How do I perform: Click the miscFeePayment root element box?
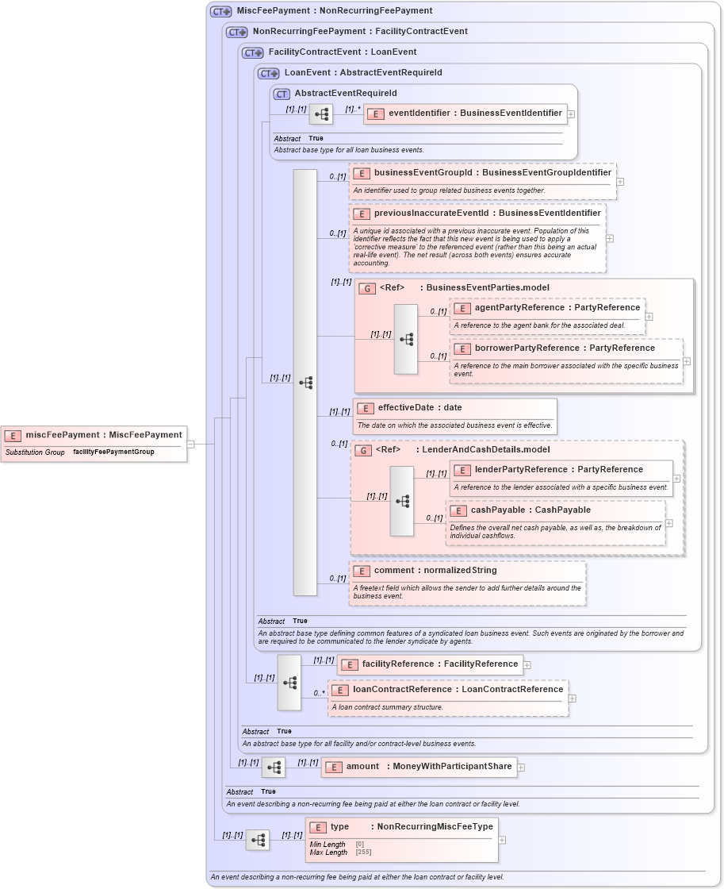[x=94, y=435]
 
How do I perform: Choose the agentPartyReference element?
[x=547, y=308]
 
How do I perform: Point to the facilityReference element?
[x=430, y=664]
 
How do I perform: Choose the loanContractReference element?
[x=448, y=690]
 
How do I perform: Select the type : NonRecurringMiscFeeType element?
[x=401, y=827]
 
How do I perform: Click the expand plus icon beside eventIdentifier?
[x=571, y=114]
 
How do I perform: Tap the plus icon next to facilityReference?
[x=527, y=665]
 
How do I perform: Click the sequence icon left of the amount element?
[x=274, y=768]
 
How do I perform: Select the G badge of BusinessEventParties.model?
[x=366, y=288]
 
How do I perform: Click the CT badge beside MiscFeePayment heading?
[x=220, y=11]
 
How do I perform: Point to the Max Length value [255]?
[x=366, y=852]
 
